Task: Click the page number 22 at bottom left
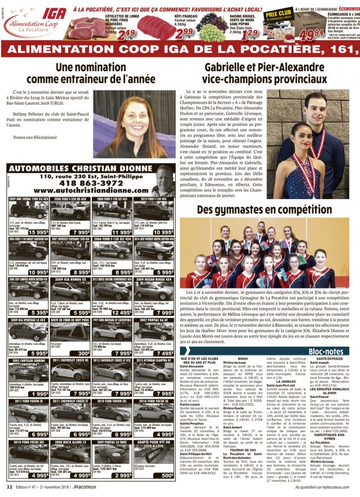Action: click(x=10, y=487)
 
